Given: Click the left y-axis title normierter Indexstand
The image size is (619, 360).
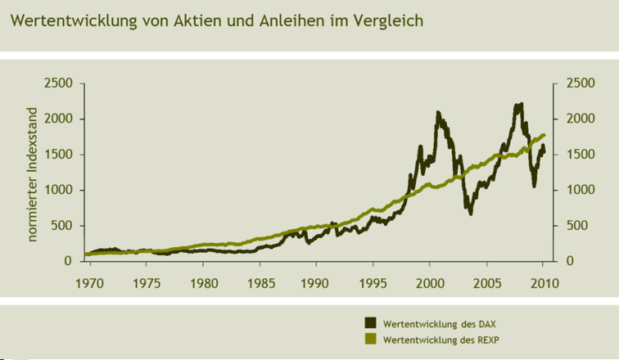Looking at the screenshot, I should click(34, 174).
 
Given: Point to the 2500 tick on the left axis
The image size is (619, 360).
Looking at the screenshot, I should click(59, 83).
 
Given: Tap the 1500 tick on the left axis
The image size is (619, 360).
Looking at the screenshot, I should click(59, 155).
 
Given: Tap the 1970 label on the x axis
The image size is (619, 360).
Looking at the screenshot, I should click(89, 284).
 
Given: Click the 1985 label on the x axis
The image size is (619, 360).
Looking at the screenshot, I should click(260, 284).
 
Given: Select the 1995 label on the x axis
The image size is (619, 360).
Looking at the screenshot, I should click(373, 284).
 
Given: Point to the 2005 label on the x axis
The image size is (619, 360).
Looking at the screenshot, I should click(486, 284).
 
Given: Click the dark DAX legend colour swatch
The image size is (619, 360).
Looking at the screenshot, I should click(371, 323).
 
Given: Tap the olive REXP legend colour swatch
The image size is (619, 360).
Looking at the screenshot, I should click(371, 339).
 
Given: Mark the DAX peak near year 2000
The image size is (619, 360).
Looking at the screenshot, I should click(438, 113).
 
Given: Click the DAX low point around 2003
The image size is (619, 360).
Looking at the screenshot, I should click(470, 213).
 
